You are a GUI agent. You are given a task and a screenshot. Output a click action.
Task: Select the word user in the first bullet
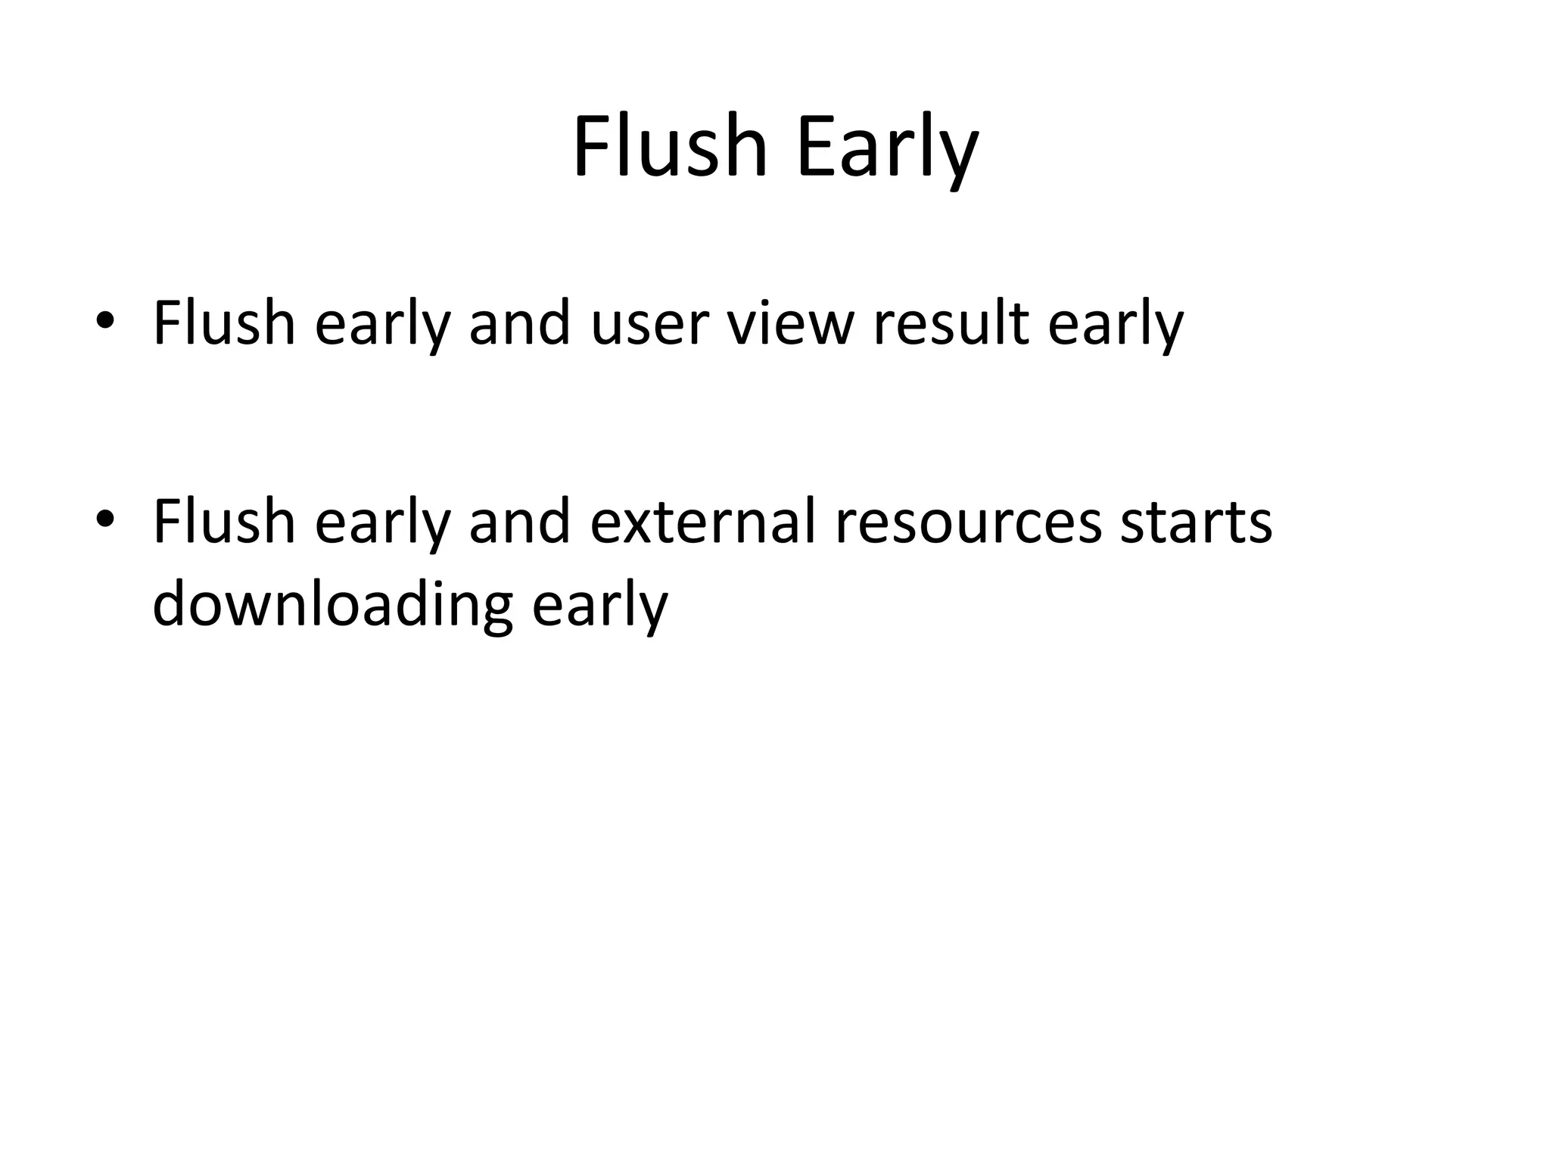[649, 324]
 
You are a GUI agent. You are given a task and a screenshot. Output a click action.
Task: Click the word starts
[1196, 522]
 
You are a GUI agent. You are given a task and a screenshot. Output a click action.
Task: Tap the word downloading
[332, 606]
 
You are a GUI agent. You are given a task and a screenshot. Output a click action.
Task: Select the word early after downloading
[599, 606]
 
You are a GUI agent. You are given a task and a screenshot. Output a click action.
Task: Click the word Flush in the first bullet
[223, 324]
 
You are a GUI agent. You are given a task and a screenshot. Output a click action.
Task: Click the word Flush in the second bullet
[223, 522]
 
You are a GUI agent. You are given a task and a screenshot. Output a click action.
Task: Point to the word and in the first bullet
[519, 324]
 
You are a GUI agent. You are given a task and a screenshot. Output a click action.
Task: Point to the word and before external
[519, 522]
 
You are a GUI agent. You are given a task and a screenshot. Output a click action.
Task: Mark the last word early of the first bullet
[1115, 324]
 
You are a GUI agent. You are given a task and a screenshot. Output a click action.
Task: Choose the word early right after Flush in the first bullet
[382, 324]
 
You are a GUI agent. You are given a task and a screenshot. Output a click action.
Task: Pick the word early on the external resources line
[382, 522]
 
